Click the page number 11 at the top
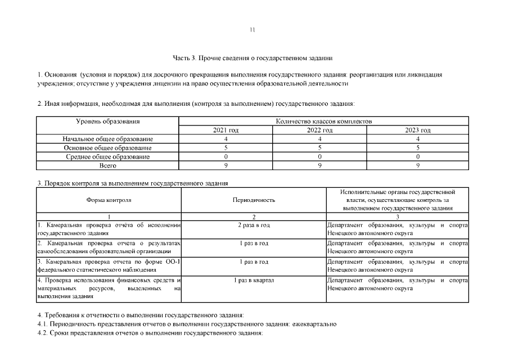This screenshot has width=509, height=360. tap(253, 30)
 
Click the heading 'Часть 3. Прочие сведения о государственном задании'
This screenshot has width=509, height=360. tap(253, 58)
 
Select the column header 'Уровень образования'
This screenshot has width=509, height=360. tap(107, 121)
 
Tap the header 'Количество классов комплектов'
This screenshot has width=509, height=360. tap(323, 121)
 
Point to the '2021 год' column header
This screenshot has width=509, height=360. tap(226, 130)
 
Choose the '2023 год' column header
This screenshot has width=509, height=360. tap(418, 130)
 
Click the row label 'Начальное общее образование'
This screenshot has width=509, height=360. tap(107, 139)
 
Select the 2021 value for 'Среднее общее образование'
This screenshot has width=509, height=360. tap(226, 157)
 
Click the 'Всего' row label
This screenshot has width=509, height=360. tap(107, 166)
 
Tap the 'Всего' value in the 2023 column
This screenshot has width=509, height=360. tap(418, 166)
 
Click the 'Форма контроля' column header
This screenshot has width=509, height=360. tap(109, 200)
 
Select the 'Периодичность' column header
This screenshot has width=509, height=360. tap(253, 200)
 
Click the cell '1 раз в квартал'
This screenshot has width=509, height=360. tap(253, 280)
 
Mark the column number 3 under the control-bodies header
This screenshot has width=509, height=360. tap(397, 217)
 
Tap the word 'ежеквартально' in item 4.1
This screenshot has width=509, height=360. tap(314, 324)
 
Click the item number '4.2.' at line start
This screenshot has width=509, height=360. tap(42, 334)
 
